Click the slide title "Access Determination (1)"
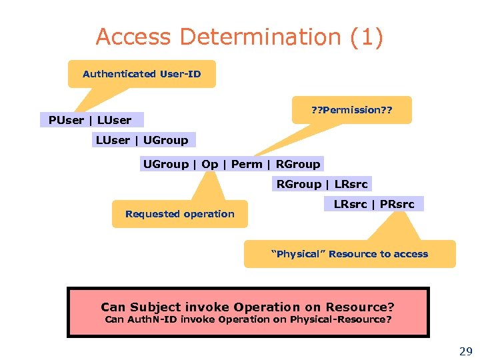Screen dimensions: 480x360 pyautogui.click(x=239, y=37)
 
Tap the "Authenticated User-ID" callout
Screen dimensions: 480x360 pyautogui.click(x=141, y=74)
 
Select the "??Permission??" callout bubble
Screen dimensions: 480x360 pyautogui.click(x=352, y=110)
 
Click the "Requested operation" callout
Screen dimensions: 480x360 pyautogui.click(x=179, y=214)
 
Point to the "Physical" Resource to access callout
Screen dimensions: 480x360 pyautogui.click(x=349, y=254)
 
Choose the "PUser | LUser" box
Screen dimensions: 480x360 pyautogui.click(x=90, y=120)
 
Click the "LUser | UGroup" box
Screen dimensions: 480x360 pyautogui.click(x=142, y=140)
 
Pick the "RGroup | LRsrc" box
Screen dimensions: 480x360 pyautogui.click(x=321, y=184)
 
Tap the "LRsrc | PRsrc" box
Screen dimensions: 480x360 pyautogui.click(x=373, y=204)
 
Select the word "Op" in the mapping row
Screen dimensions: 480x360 pyautogui.click(x=209, y=164)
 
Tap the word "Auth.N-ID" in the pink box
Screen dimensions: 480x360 pyautogui.click(x=152, y=319)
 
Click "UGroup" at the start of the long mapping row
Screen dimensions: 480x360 pyautogui.click(x=165, y=164)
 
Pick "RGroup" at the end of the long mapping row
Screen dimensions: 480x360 pyautogui.click(x=298, y=164)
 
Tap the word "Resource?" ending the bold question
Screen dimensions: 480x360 pyautogui.click(x=360, y=307)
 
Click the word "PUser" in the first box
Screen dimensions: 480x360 pyautogui.click(x=65, y=120)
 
